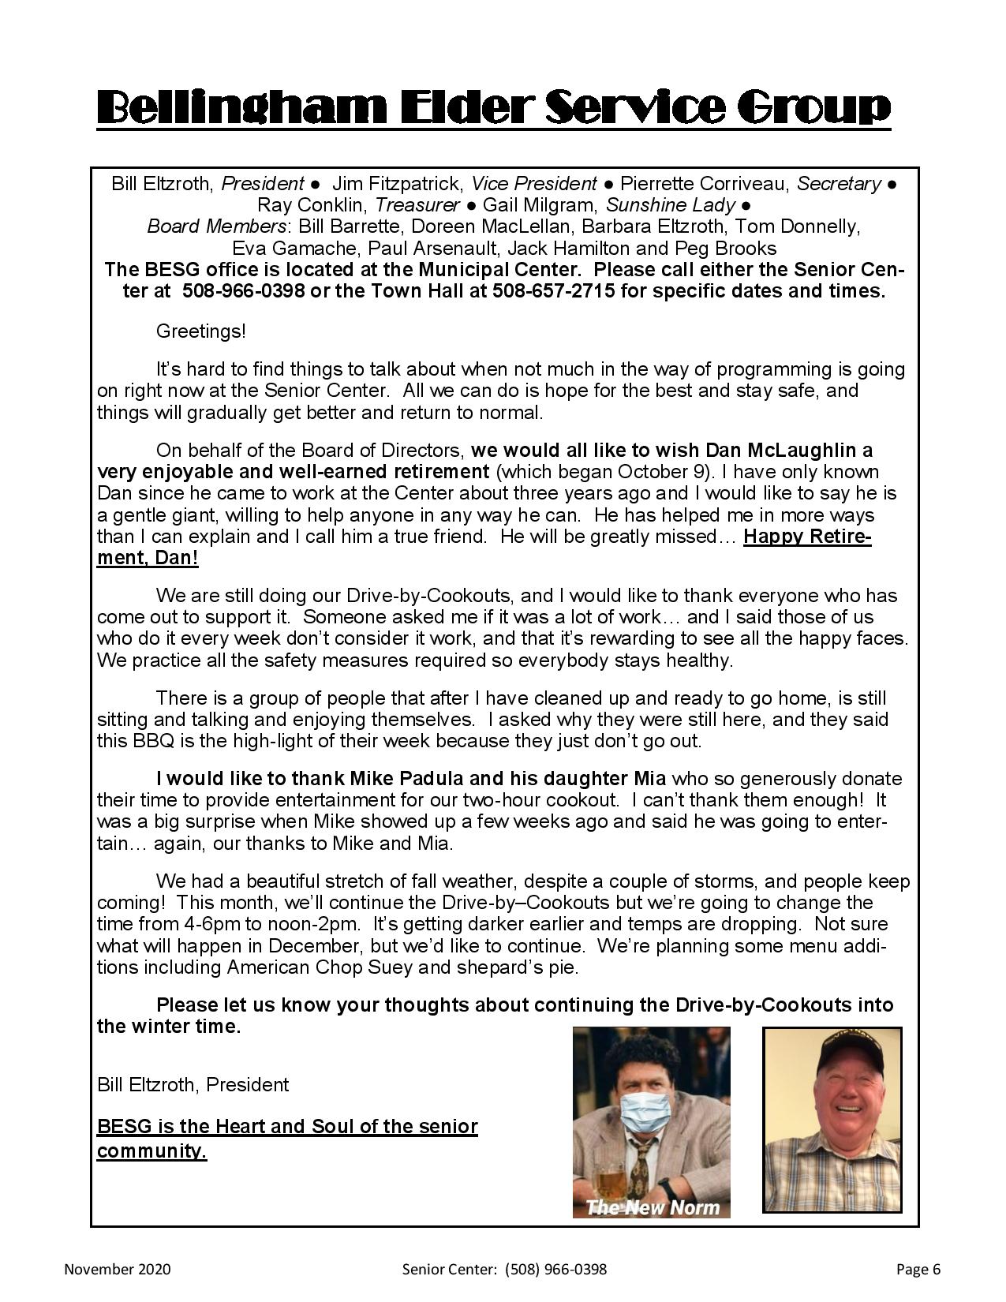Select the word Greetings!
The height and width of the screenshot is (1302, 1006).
click(x=201, y=331)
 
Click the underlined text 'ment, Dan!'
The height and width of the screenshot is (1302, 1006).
click(x=148, y=559)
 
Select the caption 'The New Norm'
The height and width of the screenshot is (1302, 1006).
click(x=654, y=1207)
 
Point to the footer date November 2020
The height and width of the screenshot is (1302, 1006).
click(x=117, y=1270)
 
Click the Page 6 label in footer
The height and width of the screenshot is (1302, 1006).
click(x=918, y=1270)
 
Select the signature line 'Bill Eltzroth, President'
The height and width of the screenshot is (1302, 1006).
click(x=193, y=1085)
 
